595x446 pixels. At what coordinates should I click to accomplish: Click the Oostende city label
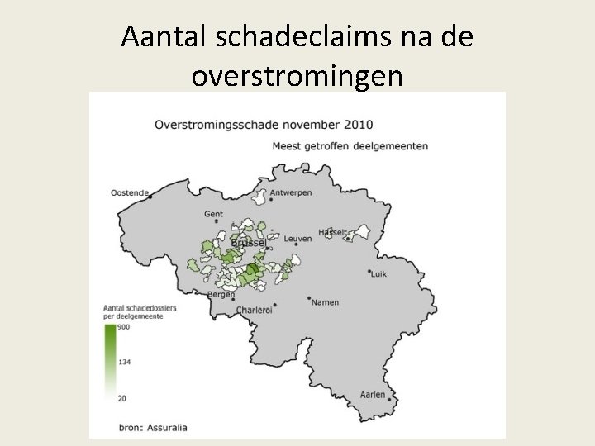point(129,193)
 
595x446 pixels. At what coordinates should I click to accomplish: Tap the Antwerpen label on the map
point(290,192)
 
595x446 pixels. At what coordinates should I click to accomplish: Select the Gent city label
point(213,214)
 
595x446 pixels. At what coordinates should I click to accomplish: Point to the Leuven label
point(297,239)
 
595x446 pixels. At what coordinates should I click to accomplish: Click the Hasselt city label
point(333,232)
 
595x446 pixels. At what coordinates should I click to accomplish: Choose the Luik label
point(378,273)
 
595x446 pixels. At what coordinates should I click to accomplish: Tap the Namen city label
point(325,302)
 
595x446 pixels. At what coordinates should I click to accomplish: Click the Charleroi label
point(254,310)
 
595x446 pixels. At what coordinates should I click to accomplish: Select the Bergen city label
point(221,294)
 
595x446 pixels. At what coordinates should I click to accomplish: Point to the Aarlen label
point(373,395)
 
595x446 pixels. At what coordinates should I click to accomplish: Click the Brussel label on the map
point(247,243)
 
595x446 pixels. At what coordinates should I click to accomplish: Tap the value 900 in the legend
point(123,327)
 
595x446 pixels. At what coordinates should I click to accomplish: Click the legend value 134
point(123,362)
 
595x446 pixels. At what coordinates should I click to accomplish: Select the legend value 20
point(121,398)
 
